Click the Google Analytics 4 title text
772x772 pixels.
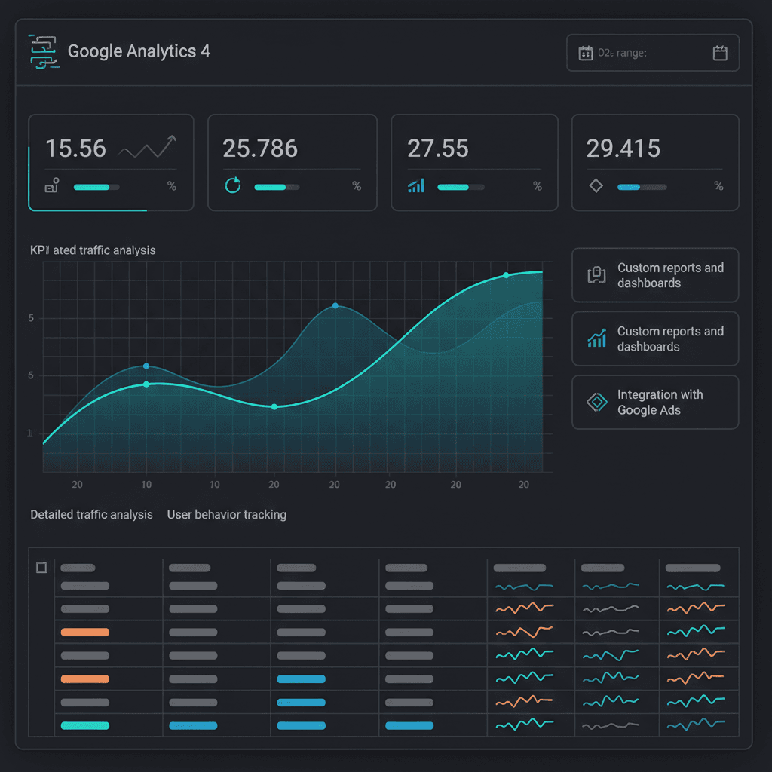[x=139, y=51]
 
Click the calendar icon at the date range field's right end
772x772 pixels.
[x=719, y=53]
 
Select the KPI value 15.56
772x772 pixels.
[x=75, y=149]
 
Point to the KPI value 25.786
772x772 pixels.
[x=260, y=149]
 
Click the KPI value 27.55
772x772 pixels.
[x=437, y=149]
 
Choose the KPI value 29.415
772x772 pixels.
[x=623, y=149]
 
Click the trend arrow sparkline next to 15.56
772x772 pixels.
[x=148, y=148]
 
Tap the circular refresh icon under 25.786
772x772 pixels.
[x=233, y=186]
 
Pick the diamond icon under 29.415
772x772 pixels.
[x=596, y=186]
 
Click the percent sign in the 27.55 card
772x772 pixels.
[x=538, y=186]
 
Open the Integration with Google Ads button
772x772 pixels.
[x=654, y=403]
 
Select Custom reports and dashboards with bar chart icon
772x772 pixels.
[x=654, y=339]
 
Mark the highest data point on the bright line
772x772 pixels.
[x=506, y=275]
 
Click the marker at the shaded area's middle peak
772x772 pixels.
[x=335, y=306]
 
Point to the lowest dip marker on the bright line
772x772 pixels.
[x=274, y=406]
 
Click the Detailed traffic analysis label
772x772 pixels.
[x=91, y=515]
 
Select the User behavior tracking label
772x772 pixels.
[x=226, y=515]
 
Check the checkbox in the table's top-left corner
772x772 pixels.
[x=41, y=568]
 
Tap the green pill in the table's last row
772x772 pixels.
[x=84, y=725]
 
